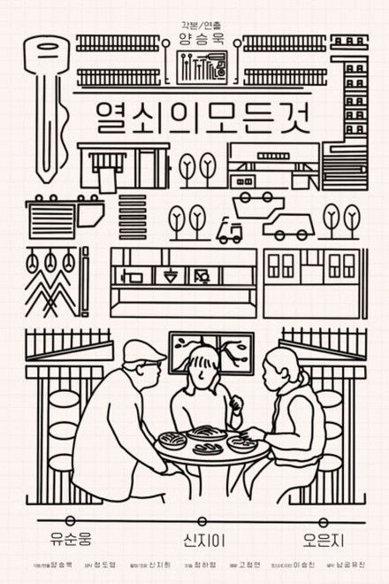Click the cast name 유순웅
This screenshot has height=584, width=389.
[x=72, y=536]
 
